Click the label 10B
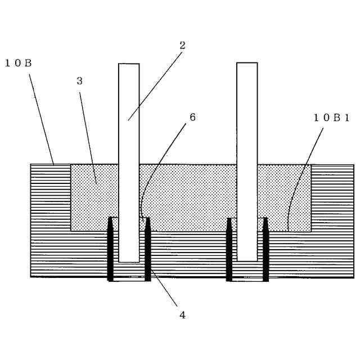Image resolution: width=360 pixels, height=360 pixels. point(18,63)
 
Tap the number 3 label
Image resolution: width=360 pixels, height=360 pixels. point(79,81)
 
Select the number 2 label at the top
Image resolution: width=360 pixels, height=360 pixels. point(182,46)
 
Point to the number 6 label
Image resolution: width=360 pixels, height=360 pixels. point(192,118)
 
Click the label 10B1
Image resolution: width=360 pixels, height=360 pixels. point(332,118)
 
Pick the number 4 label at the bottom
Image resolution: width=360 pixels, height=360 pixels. point(182,315)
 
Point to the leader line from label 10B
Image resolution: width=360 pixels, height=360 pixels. point(41,118)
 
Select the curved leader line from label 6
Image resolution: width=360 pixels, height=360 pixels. point(157,163)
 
